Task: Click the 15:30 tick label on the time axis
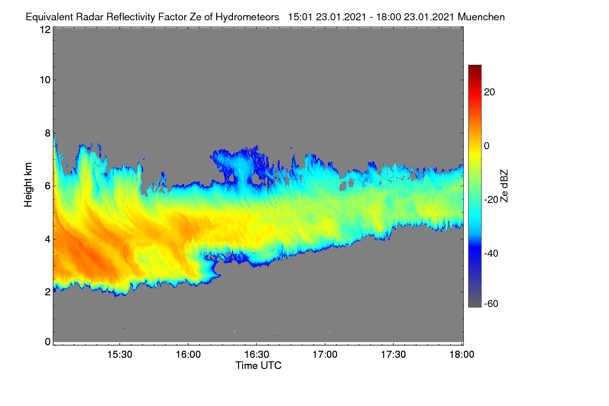pos(120,355)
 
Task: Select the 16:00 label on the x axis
pos(188,355)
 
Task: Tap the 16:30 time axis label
pos(257,355)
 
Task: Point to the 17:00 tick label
pos(325,355)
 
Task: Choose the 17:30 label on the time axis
pos(393,355)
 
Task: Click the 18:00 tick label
pos(462,355)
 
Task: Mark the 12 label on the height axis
pos(45,29)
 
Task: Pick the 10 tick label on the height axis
pos(45,80)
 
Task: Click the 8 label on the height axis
pos(48,133)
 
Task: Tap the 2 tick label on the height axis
pos(48,292)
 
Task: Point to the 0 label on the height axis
pos(48,342)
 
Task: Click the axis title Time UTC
pos(258,366)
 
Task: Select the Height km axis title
pos(28,185)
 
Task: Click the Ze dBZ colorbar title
pos(504,186)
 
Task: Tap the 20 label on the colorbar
pos(489,92)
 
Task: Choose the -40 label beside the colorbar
pos(491,253)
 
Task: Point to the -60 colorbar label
pos(491,304)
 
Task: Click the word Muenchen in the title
pos(481,17)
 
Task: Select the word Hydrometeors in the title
pos(248,17)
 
